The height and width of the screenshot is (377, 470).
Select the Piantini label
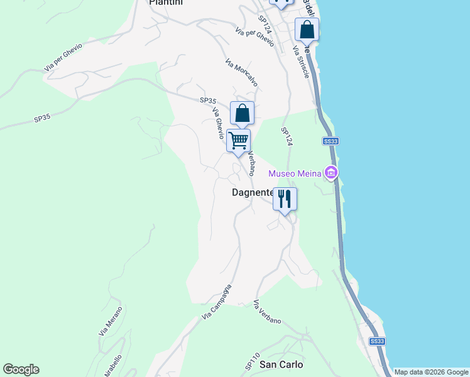click(x=165, y=3)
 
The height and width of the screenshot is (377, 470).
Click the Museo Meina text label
click(x=295, y=173)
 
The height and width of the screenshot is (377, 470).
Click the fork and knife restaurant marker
click(x=285, y=199)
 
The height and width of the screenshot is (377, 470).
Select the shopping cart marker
click(x=239, y=141)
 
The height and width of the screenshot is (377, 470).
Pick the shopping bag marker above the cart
click(x=242, y=114)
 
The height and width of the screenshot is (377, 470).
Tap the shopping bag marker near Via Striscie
click(x=307, y=30)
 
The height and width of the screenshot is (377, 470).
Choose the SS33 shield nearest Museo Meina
click(x=331, y=141)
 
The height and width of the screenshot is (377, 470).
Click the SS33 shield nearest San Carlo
click(x=376, y=341)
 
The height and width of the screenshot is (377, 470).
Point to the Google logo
click(x=21, y=369)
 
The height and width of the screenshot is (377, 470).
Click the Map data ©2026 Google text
click(x=431, y=372)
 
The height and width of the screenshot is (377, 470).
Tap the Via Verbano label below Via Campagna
click(x=266, y=313)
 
